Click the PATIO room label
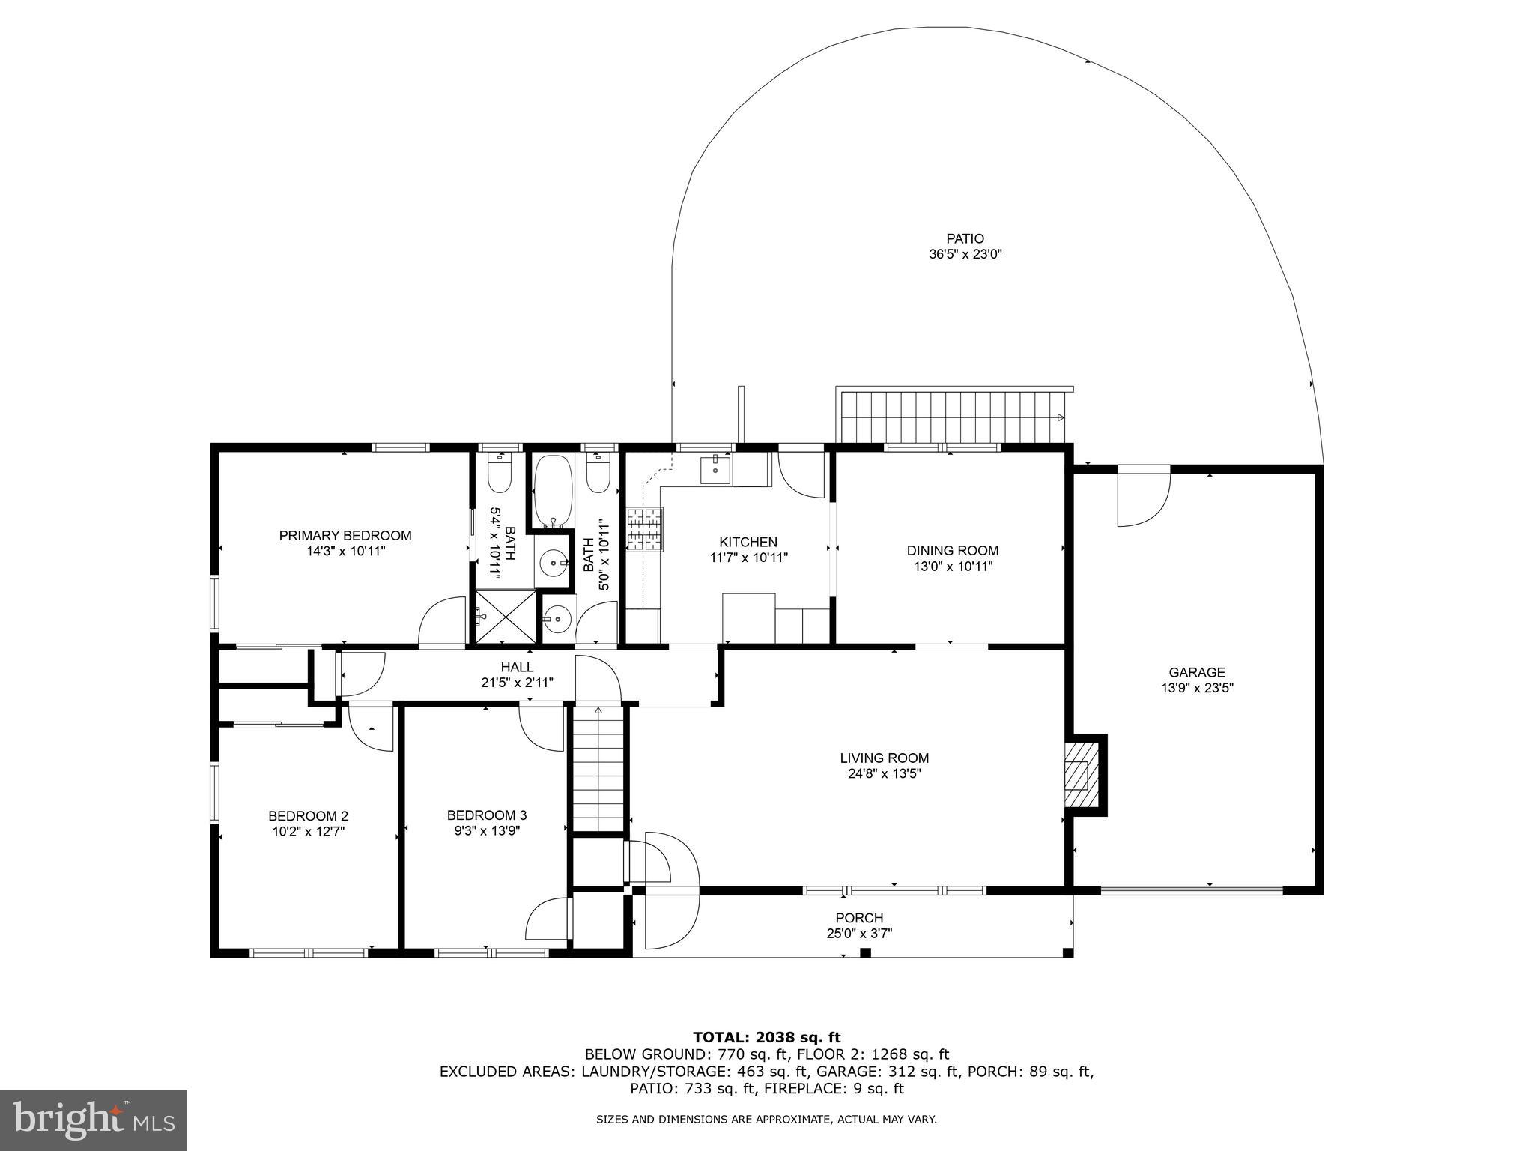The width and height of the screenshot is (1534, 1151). (965, 239)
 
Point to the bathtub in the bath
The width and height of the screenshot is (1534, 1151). (553, 491)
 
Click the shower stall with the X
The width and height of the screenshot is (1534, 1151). (506, 617)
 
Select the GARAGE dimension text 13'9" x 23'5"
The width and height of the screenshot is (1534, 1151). (1196, 688)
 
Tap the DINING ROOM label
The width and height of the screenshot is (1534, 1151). (952, 551)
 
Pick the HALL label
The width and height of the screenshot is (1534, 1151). (517, 667)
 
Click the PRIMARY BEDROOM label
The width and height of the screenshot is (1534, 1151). (345, 535)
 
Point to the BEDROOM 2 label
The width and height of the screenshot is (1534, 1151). (308, 815)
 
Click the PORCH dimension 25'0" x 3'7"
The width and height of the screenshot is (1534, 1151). (859, 934)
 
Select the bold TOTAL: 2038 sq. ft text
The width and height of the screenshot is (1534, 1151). (766, 1037)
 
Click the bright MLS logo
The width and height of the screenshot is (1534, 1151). (94, 1120)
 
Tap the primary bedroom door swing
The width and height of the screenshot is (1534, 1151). (442, 621)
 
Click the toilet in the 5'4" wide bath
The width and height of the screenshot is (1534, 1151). (499, 474)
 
